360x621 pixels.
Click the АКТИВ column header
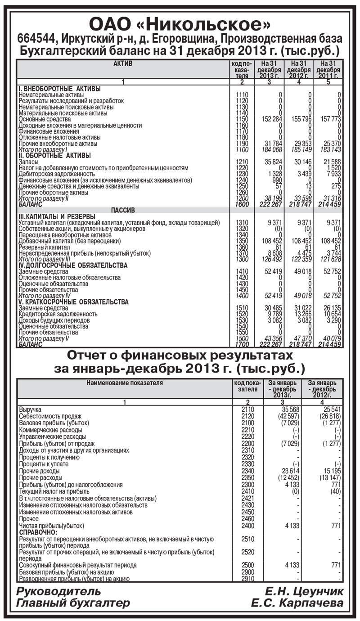123,64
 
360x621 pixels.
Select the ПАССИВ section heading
123,210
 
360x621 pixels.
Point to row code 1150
242,119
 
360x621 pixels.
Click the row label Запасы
28,161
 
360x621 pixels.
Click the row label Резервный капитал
44,247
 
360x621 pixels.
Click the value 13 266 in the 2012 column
301,314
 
